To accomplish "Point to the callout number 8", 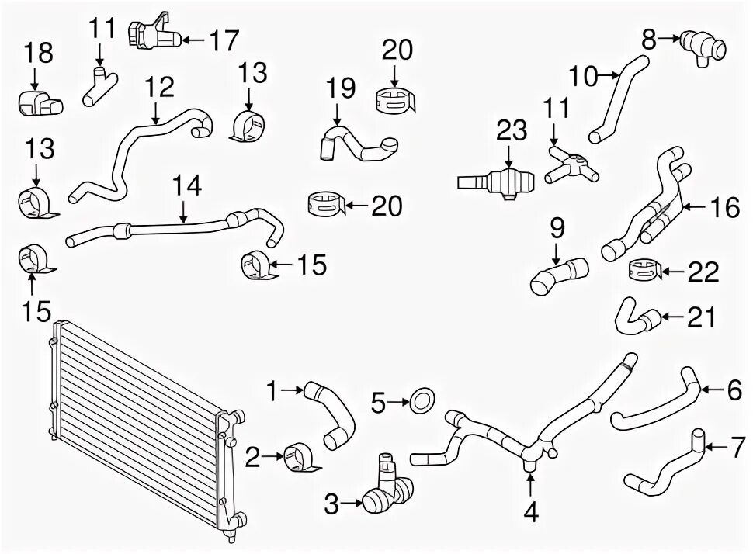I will [648, 36].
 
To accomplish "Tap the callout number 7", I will [734, 447].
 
